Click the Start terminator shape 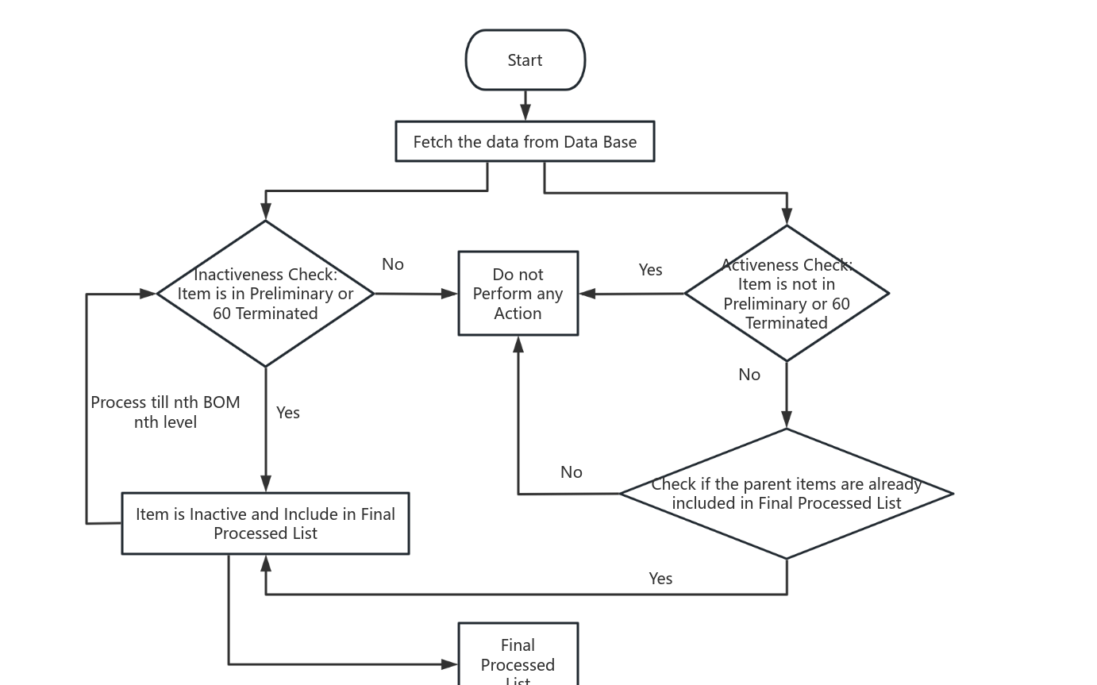525,60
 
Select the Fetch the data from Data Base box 525,142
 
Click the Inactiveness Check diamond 265,294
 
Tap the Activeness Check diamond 786,294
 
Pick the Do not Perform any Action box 518,294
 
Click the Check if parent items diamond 786,494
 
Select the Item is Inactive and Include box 265,523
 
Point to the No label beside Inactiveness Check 393,264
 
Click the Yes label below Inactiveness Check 288,413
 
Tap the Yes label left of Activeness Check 650,270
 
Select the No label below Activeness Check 749,375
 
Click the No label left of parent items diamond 572,472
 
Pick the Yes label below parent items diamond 660,579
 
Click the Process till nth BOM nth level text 165,412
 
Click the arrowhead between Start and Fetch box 525,114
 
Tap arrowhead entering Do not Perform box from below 518,344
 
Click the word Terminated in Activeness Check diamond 786,323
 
